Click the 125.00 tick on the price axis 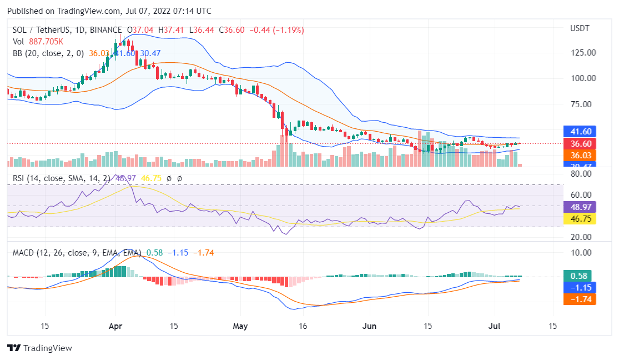point(583,53)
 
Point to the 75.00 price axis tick point(583,104)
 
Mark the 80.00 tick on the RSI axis point(581,173)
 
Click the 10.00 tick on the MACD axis point(581,252)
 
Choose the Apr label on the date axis point(115,326)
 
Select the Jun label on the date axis point(370,326)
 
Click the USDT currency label point(580,28)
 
